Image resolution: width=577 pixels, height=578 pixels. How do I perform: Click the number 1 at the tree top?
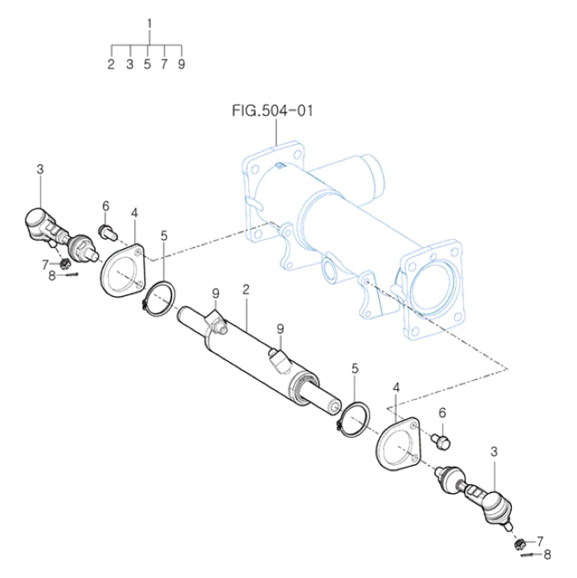[149, 23]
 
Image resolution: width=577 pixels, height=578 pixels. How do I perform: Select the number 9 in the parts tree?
[181, 63]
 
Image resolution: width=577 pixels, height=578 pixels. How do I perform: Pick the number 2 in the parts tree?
[111, 63]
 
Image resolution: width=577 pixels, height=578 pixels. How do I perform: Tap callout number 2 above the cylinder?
[246, 289]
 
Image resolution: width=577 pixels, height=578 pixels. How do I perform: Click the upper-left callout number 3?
[40, 170]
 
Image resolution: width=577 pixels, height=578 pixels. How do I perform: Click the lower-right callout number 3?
[494, 451]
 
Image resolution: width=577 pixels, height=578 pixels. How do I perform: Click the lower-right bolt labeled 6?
[443, 441]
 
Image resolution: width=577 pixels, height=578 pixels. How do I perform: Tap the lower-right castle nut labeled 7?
[519, 543]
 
